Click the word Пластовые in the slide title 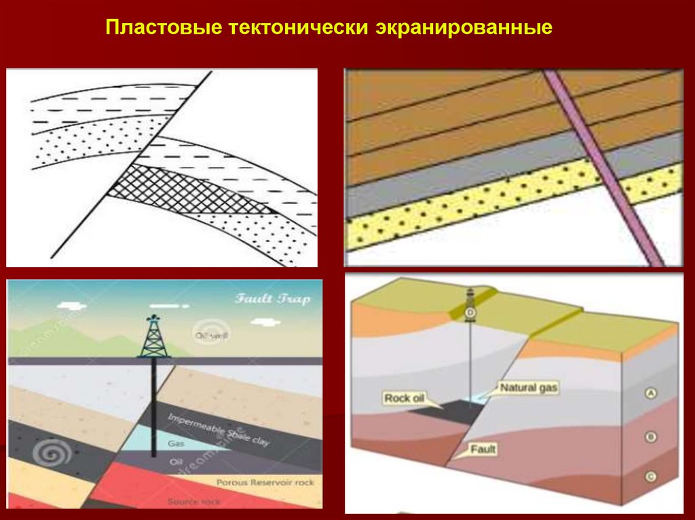162,30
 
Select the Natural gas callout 529,388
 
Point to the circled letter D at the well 470,312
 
